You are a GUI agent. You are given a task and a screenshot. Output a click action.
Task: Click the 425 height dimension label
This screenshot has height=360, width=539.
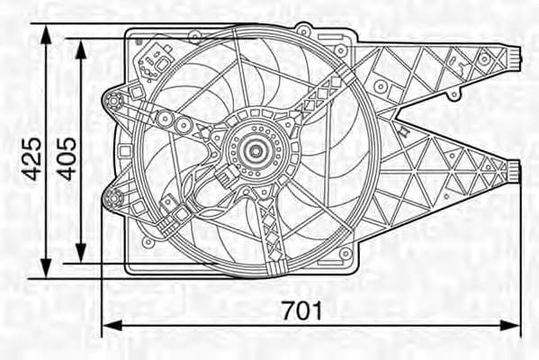tap(32, 159)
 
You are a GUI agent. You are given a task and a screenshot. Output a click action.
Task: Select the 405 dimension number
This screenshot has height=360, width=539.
tap(67, 159)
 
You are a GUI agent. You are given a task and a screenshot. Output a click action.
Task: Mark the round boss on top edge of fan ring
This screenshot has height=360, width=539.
tap(304, 29)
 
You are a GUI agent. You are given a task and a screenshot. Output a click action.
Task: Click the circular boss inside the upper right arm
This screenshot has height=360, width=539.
tap(381, 87)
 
